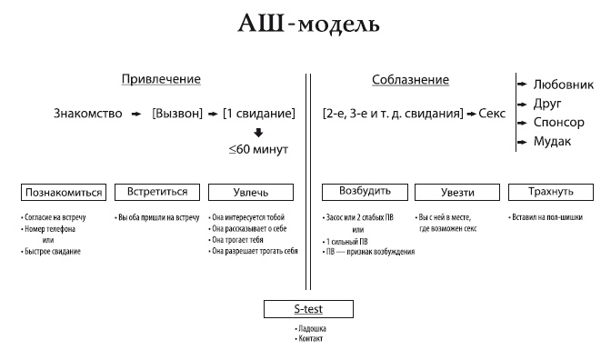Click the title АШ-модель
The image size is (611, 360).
pyautogui.click(x=305, y=24)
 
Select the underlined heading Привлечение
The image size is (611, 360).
pyautogui.click(x=161, y=80)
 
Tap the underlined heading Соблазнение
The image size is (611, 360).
pyautogui.click(x=410, y=80)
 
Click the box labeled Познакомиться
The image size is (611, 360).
pyautogui.click(x=63, y=193)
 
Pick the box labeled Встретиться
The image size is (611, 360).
pyautogui.click(x=156, y=193)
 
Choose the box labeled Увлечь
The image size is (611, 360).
pyautogui.click(x=252, y=193)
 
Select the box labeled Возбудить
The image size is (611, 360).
pyautogui.click(x=365, y=193)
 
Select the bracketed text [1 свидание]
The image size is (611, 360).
pyautogui.click(x=259, y=114)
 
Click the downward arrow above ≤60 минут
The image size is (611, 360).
pyautogui.click(x=259, y=133)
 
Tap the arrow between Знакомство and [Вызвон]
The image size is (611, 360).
pyautogui.click(x=134, y=114)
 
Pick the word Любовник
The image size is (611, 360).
pyautogui.click(x=564, y=84)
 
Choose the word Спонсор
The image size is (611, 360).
pyautogui.click(x=560, y=123)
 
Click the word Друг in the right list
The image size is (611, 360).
pyautogui.click(x=548, y=103)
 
